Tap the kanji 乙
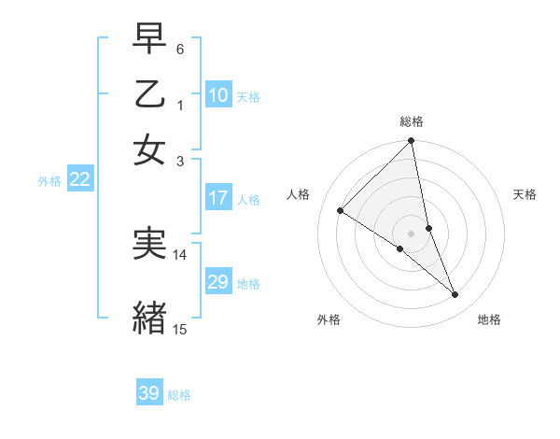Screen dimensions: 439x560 point(149,96)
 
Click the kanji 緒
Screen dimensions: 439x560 point(149,316)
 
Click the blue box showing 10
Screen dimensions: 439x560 point(218,95)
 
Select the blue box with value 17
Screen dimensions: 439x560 point(218,198)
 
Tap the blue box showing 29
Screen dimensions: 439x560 point(218,282)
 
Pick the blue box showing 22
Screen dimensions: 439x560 point(79,180)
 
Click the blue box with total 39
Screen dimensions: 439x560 point(149,393)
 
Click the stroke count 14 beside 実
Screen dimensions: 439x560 point(180,254)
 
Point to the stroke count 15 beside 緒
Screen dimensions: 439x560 point(180,328)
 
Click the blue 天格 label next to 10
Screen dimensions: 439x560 point(248,96)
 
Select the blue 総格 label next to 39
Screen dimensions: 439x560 point(179,395)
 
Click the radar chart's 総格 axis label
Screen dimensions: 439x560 point(412,121)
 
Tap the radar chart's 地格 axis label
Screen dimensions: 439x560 point(489,319)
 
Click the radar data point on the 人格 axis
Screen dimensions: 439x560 point(341,211)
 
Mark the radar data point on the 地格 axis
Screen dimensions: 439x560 point(455,294)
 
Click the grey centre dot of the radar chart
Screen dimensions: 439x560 point(412,233)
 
